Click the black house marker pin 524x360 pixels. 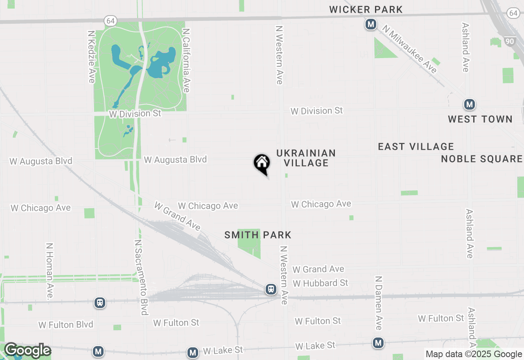pyautogui.click(x=262, y=164)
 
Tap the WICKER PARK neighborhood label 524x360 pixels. pyautogui.click(x=366, y=9)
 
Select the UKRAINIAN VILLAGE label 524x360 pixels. pyautogui.click(x=306, y=158)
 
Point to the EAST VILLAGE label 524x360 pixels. pyautogui.click(x=416, y=146)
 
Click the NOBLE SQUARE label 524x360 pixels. pyautogui.click(x=482, y=159)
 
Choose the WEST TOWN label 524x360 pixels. pyautogui.click(x=480, y=119)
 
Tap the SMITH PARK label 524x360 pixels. pyautogui.click(x=258, y=235)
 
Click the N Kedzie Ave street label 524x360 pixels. pyautogui.click(x=91, y=56)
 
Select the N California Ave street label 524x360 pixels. pyautogui.click(x=187, y=60)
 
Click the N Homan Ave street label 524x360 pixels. pyautogui.click(x=50, y=272)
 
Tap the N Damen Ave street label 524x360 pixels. pyautogui.click(x=379, y=303)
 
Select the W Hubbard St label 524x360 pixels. pyautogui.click(x=321, y=283)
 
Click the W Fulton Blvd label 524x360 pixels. pyautogui.click(x=66, y=325)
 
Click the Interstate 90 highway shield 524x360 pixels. pyautogui.click(x=510, y=41)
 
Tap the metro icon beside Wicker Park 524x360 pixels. pyautogui.click(x=371, y=25)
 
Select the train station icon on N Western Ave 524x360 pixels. pyautogui.click(x=271, y=289)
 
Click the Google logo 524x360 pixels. pyautogui.click(x=27, y=351)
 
